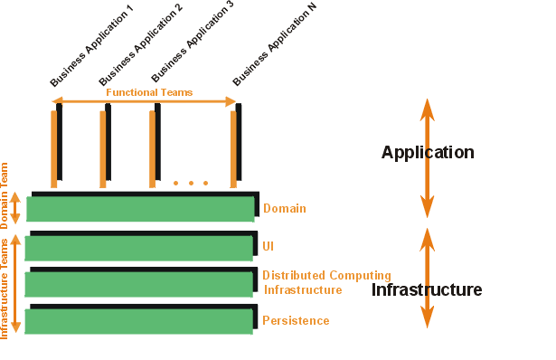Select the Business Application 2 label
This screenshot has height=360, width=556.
point(140,43)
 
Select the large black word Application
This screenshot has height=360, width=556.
point(428,152)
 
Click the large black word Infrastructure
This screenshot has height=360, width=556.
point(426,289)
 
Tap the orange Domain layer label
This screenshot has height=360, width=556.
point(285,209)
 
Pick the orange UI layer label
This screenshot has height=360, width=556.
point(269,246)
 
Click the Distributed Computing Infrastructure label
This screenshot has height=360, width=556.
point(326,282)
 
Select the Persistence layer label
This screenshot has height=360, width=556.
point(296,320)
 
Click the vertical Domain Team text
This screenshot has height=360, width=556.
point(5,195)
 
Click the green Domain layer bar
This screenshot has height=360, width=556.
point(140,209)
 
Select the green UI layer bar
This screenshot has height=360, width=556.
point(138,249)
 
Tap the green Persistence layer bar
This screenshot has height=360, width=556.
point(138,321)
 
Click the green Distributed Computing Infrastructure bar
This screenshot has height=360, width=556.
point(138,285)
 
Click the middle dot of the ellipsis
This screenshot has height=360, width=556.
point(191,184)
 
